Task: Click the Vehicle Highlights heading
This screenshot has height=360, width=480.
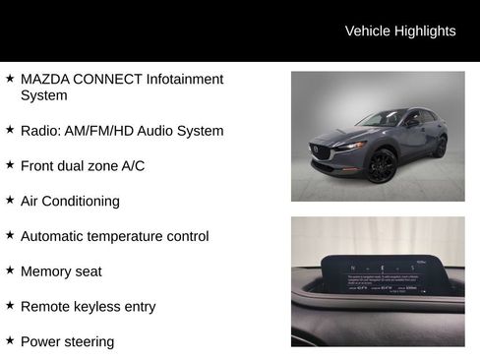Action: tap(400, 31)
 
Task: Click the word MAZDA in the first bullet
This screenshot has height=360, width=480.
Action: tap(45, 79)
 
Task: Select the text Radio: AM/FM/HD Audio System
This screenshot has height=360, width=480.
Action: tap(122, 131)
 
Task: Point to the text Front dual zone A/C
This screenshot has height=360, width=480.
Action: tap(83, 166)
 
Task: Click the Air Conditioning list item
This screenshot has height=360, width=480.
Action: tap(70, 202)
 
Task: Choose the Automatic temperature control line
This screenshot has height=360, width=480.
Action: tap(114, 237)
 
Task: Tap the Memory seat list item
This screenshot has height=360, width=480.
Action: tap(61, 271)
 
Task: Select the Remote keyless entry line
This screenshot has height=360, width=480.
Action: tap(88, 307)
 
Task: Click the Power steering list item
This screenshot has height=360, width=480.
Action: tap(67, 342)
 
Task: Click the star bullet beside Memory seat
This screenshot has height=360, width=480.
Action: tap(10, 270)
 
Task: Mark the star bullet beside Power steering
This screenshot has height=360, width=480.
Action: tap(10, 341)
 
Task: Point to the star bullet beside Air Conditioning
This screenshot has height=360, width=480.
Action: tap(10, 201)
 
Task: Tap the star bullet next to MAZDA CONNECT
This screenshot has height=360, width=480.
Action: tap(10, 78)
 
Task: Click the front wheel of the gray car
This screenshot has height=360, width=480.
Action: tap(382, 165)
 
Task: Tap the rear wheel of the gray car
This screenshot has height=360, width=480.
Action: tap(440, 148)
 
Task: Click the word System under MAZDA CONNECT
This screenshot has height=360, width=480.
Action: tap(43, 95)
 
